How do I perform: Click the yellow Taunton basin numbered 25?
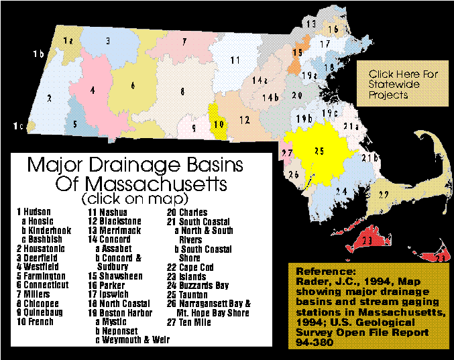(319, 152)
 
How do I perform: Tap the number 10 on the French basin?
(219, 123)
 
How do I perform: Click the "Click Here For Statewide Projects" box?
(403, 84)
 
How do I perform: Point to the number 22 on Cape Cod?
(384, 194)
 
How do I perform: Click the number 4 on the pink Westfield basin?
(92, 90)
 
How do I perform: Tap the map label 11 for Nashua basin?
(235, 60)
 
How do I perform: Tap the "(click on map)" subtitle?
(134, 200)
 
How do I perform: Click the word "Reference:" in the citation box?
(322, 273)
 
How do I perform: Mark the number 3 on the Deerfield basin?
(108, 41)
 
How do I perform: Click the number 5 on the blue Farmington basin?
(75, 123)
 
